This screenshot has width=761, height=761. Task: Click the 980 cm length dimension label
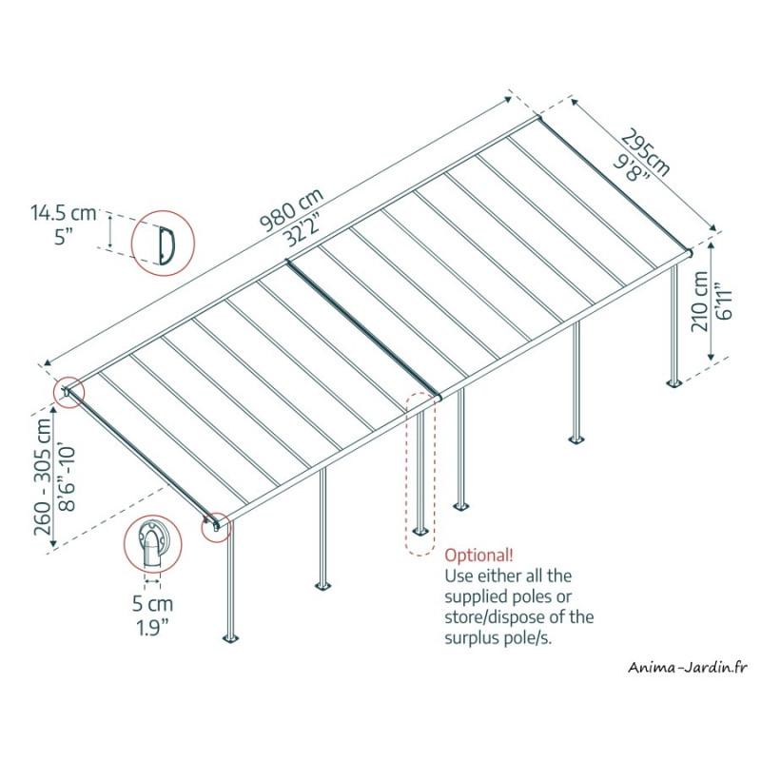click(x=292, y=209)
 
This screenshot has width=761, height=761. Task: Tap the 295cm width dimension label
click(x=646, y=152)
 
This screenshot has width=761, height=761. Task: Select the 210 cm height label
click(x=700, y=302)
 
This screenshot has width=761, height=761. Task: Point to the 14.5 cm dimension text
click(x=63, y=213)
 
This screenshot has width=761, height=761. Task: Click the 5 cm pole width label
click(x=152, y=604)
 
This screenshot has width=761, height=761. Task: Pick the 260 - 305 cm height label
click(x=43, y=478)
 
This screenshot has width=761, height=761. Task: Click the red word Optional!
click(x=478, y=555)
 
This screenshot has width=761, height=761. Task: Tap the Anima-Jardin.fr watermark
click(x=687, y=668)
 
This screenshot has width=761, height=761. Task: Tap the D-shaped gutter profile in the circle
click(x=166, y=245)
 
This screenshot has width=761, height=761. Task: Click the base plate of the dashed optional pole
click(x=420, y=532)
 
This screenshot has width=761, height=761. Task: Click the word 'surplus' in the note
click(x=473, y=638)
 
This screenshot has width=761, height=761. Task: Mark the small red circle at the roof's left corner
click(x=69, y=392)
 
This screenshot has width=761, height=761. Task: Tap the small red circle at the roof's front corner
click(x=217, y=527)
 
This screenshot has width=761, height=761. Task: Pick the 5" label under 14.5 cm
click(x=63, y=237)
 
